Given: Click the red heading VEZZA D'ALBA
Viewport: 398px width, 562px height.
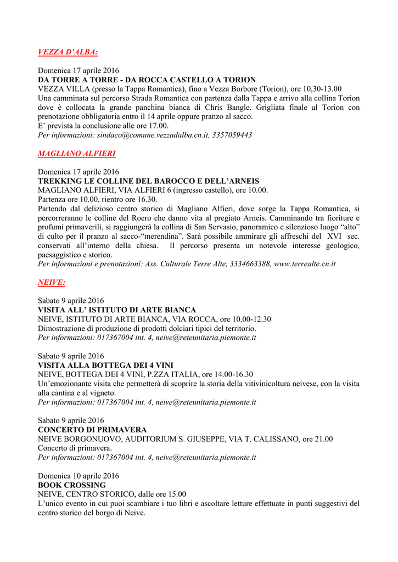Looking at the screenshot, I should click(x=68, y=52).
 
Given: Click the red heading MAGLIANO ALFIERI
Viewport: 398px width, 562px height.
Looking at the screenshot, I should click(x=76, y=153).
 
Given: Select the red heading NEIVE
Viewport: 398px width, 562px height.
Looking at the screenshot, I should click(x=52, y=282).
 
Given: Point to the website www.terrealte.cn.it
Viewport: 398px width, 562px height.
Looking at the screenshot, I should click(x=305, y=263).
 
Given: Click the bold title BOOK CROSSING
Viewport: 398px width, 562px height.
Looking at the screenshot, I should click(x=71, y=485).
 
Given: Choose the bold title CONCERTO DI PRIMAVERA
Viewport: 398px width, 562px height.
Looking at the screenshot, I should click(x=92, y=430).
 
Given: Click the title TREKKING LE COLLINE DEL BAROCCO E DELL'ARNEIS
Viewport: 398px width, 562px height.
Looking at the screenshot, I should click(x=148, y=181).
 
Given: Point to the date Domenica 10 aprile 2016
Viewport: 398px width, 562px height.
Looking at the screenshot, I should click(x=79, y=476).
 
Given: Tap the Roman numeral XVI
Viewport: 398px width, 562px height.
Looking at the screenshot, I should click(x=331, y=236).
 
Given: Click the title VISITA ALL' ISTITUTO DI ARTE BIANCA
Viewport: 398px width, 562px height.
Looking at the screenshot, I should click(x=117, y=310).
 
